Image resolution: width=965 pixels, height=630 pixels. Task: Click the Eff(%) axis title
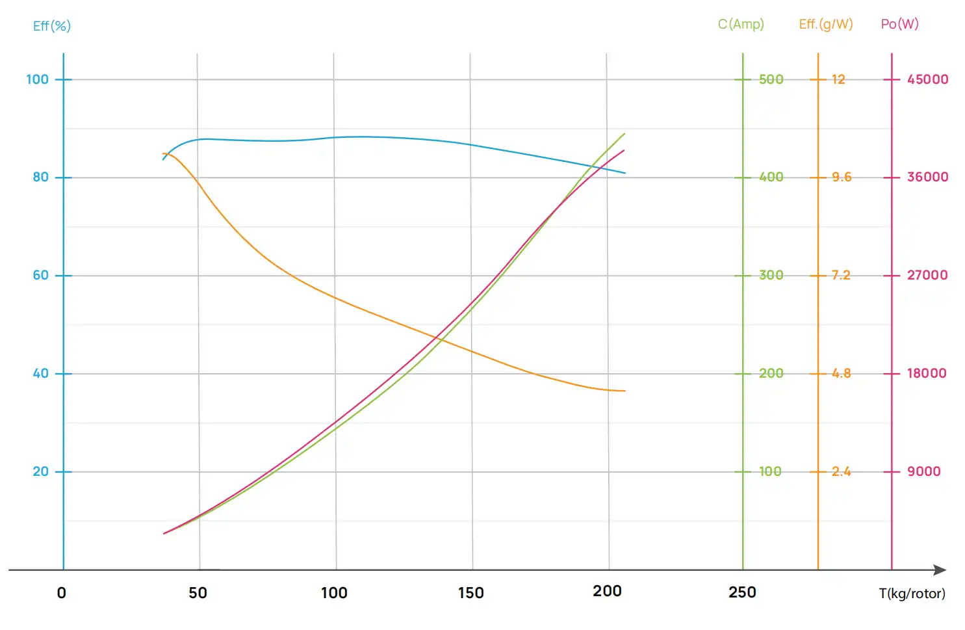point(51,26)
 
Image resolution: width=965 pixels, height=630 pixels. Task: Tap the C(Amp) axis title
point(741,25)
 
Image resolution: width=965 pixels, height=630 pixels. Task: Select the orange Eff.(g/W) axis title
point(825,25)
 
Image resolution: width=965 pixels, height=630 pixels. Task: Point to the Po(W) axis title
point(899,25)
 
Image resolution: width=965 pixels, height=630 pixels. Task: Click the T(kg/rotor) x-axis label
point(912,593)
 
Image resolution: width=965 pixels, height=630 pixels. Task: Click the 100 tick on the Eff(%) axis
point(37,79)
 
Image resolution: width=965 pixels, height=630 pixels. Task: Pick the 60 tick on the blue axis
point(40,275)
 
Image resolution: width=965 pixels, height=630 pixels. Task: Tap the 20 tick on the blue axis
point(40,471)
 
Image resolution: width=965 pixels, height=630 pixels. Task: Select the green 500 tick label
point(771,79)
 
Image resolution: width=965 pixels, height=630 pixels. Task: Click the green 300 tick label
point(771,275)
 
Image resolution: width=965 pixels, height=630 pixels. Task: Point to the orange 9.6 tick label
point(841,177)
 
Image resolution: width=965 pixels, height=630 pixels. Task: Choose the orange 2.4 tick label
point(841,471)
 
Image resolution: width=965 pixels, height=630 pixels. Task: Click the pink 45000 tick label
point(927,79)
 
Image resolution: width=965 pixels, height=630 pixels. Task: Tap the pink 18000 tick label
point(927,373)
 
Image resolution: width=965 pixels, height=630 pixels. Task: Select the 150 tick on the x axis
point(470,593)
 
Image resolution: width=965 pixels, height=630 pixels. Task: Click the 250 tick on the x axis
point(742,592)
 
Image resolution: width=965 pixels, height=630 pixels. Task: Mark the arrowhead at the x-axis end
point(940,570)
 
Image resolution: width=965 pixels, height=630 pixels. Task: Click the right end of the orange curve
point(624,391)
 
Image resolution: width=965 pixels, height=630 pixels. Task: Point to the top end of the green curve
point(624,134)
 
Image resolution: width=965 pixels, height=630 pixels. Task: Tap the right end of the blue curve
point(625,173)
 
